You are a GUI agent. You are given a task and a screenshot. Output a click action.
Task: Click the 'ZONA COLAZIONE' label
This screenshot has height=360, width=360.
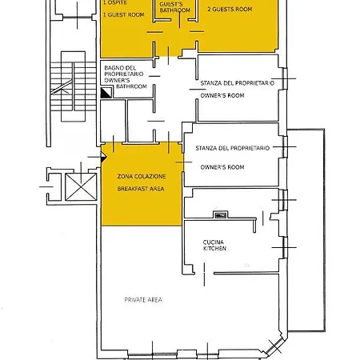142,176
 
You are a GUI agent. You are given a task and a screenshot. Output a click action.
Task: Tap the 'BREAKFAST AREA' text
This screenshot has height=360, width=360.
141,189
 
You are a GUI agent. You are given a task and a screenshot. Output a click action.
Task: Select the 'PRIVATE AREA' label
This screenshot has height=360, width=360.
143,300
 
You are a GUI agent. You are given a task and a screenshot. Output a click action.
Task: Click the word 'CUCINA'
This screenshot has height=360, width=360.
214,242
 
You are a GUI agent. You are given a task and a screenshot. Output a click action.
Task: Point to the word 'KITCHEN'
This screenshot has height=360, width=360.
214,249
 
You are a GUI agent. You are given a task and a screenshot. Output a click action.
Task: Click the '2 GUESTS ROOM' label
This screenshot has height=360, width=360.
230,10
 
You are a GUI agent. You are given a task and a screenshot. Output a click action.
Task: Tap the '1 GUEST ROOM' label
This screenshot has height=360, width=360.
124,15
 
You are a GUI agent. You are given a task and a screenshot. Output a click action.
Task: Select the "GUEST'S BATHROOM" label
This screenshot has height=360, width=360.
175,7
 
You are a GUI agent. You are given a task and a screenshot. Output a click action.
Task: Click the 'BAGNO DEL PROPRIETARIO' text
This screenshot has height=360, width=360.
124,71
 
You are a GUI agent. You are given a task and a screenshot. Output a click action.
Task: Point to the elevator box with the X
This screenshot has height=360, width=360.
81,186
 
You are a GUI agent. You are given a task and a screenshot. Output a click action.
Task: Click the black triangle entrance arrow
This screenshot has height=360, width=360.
103,158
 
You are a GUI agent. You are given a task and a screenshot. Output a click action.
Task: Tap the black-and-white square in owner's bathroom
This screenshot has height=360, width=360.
106,93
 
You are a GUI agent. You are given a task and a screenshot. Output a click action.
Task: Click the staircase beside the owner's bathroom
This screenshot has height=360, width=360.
73,86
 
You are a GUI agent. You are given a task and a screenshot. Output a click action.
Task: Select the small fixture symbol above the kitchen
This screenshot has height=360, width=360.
220,214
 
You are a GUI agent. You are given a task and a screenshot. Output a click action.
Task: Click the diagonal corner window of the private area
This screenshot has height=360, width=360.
274,346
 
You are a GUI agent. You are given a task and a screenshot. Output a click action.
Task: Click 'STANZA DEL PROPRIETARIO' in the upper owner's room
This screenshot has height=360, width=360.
237,83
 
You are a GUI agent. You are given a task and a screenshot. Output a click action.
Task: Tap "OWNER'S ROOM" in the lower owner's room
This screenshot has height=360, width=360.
222,167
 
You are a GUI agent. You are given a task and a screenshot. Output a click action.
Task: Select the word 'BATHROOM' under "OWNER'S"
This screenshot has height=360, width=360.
132,86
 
